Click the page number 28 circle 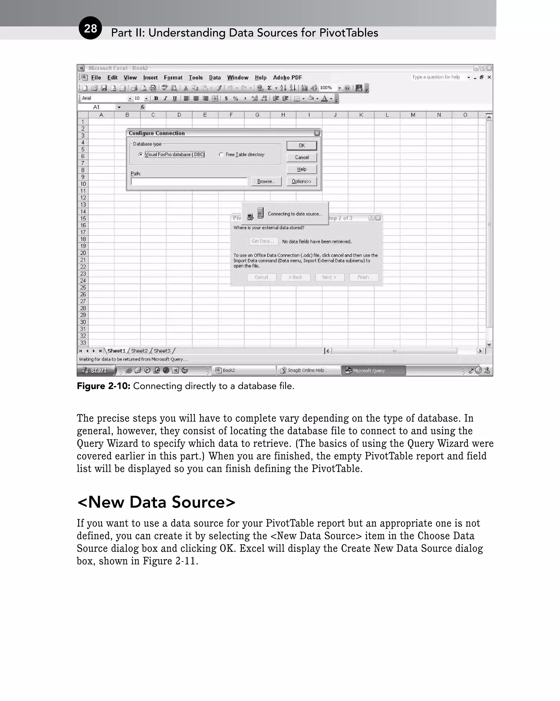tap(90, 28)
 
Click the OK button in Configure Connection tap(301, 146)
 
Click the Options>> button tap(301, 182)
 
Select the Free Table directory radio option tap(221, 155)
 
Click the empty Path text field tap(189, 182)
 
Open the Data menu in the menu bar tap(215, 78)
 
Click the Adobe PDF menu tap(287, 78)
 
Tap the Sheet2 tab tap(139, 351)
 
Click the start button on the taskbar tap(97, 370)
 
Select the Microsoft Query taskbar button tap(373, 370)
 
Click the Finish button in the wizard tap(363, 277)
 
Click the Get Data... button tap(263, 241)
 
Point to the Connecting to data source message tap(295, 214)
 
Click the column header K tap(361, 115)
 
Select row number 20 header tap(83, 253)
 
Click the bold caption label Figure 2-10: tap(103, 386)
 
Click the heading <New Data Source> tap(156, 502)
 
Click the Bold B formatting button tap(156, 98)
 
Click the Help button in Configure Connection tap(301, 170)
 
